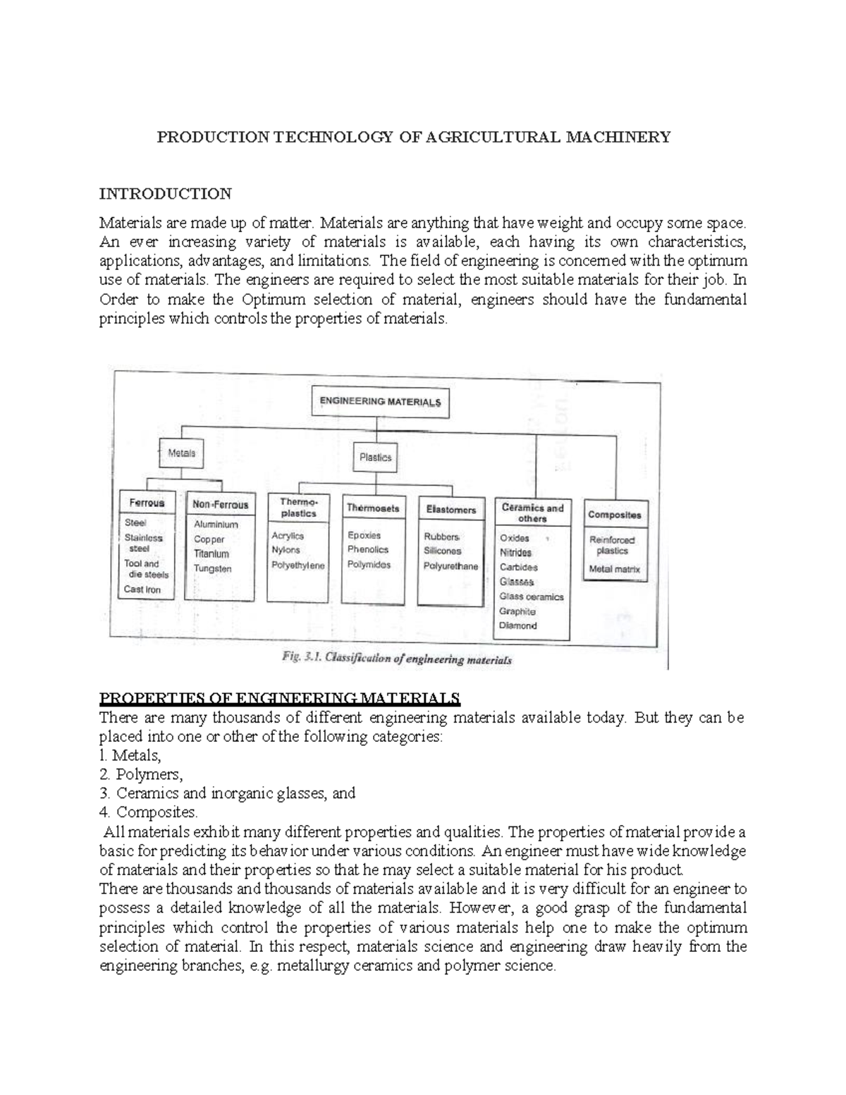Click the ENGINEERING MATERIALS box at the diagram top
(380, 403)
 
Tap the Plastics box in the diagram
(375, 457)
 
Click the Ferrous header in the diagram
(147, 503)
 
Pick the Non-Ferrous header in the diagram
(220, 505)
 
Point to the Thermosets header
(373, 508)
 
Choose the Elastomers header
(450, 509)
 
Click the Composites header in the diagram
(615, 515)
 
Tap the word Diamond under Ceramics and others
(518, 625)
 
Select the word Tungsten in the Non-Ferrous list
(213, 568)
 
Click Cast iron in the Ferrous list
(142, 589)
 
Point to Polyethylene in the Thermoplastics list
(298, 565)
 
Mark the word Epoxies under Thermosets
(364, 535)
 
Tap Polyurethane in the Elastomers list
(451, 566)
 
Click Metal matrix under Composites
(615, 569)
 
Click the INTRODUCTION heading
(165, 194)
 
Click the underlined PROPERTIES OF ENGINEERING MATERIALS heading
(280, 699)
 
